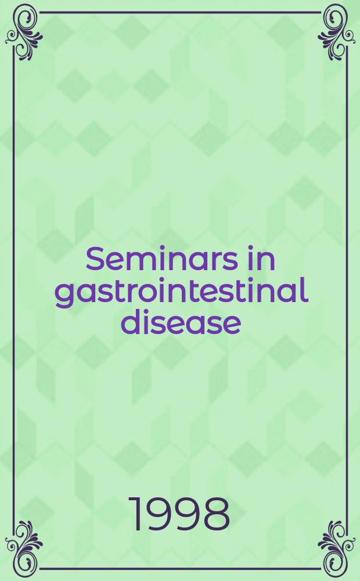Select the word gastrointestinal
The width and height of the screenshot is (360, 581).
[181, 290]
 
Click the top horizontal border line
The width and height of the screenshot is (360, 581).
[180, 12]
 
